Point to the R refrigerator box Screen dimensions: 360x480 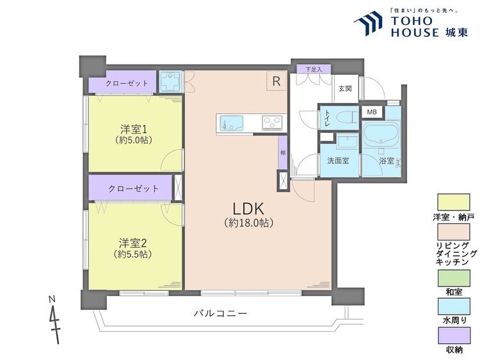point(276,81)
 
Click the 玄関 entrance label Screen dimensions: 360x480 point(345,89)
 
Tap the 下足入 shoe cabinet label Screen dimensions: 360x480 point(313,68)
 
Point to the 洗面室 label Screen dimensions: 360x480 point(338,160)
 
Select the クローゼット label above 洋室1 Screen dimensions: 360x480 point(127,83)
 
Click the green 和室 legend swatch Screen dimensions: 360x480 point(454,278)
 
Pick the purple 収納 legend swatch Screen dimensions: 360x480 point(454,335)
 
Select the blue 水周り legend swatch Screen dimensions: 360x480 point(454,306)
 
